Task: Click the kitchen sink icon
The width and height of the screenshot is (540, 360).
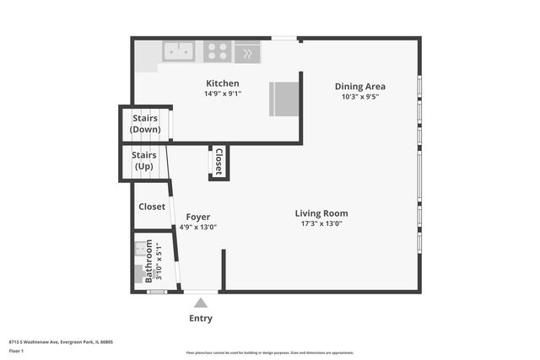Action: point(179,51)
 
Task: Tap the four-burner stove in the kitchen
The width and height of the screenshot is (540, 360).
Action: point(218,51)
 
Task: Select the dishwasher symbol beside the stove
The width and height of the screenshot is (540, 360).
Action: point(247,52)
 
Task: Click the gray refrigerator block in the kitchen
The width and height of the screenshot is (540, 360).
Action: point(283,99)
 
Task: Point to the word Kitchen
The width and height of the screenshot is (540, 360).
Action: point(223,83)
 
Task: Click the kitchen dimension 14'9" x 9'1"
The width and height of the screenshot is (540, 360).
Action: point(223,94)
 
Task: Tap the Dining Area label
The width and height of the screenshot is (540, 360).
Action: point(360,86)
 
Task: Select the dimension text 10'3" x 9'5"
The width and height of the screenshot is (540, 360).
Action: point(360,96)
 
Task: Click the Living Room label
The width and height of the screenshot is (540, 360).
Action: point(321,213)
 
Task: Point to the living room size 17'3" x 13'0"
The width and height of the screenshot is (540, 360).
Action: point(321,223)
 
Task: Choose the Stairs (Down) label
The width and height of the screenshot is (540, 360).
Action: point(145,124)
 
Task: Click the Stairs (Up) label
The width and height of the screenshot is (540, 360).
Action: point(144,160)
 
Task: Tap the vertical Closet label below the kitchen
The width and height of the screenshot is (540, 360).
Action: point(219,161)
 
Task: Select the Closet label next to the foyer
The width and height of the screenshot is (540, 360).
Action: point(152,206)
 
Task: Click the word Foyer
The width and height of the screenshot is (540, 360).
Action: point(197,217)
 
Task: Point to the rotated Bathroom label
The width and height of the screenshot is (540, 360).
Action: point(149,261)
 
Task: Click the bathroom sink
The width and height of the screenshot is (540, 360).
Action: point(140,250)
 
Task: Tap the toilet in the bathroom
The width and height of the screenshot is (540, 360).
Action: point(139,273)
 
